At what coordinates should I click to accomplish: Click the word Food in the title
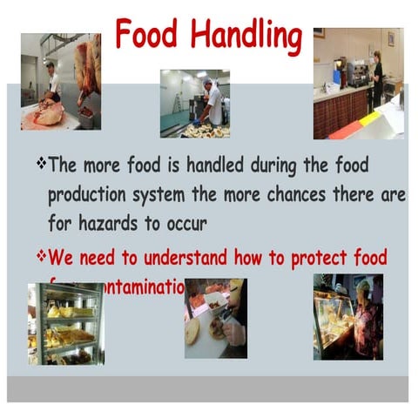[x=146, y=35]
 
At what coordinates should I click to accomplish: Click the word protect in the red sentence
[x=307, y=258]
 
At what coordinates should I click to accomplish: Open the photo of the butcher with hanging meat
[x=60, y=82]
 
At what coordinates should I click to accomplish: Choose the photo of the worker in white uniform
[x=194, y=103]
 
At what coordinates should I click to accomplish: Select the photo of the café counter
[x=358, y=83]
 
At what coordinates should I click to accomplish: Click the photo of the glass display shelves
[x=65, y=322]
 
